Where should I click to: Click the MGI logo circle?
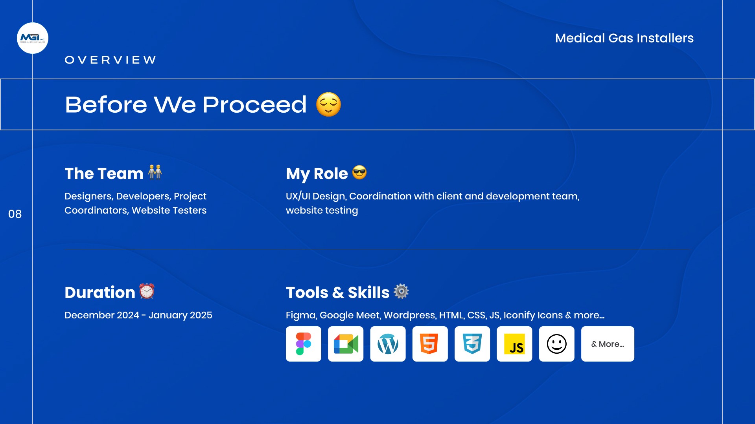33,38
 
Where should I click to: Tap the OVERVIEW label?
110,60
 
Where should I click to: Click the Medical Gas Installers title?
624,38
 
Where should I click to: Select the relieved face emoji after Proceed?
329,104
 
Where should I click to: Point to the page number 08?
15,214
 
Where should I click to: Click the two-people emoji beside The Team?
155,172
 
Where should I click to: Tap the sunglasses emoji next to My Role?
359,172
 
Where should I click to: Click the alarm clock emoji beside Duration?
147,291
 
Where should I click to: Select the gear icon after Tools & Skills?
401,291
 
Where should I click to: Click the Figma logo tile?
304,344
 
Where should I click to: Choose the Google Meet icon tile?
346,344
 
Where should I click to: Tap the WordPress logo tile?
388,344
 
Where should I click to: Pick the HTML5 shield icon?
429,344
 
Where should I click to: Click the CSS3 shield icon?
472,344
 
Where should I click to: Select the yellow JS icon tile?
514,344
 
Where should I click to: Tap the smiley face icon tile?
557,344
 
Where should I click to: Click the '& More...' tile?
608,344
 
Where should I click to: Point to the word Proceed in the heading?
254,105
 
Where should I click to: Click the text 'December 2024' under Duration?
102,315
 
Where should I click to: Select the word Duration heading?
100,292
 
